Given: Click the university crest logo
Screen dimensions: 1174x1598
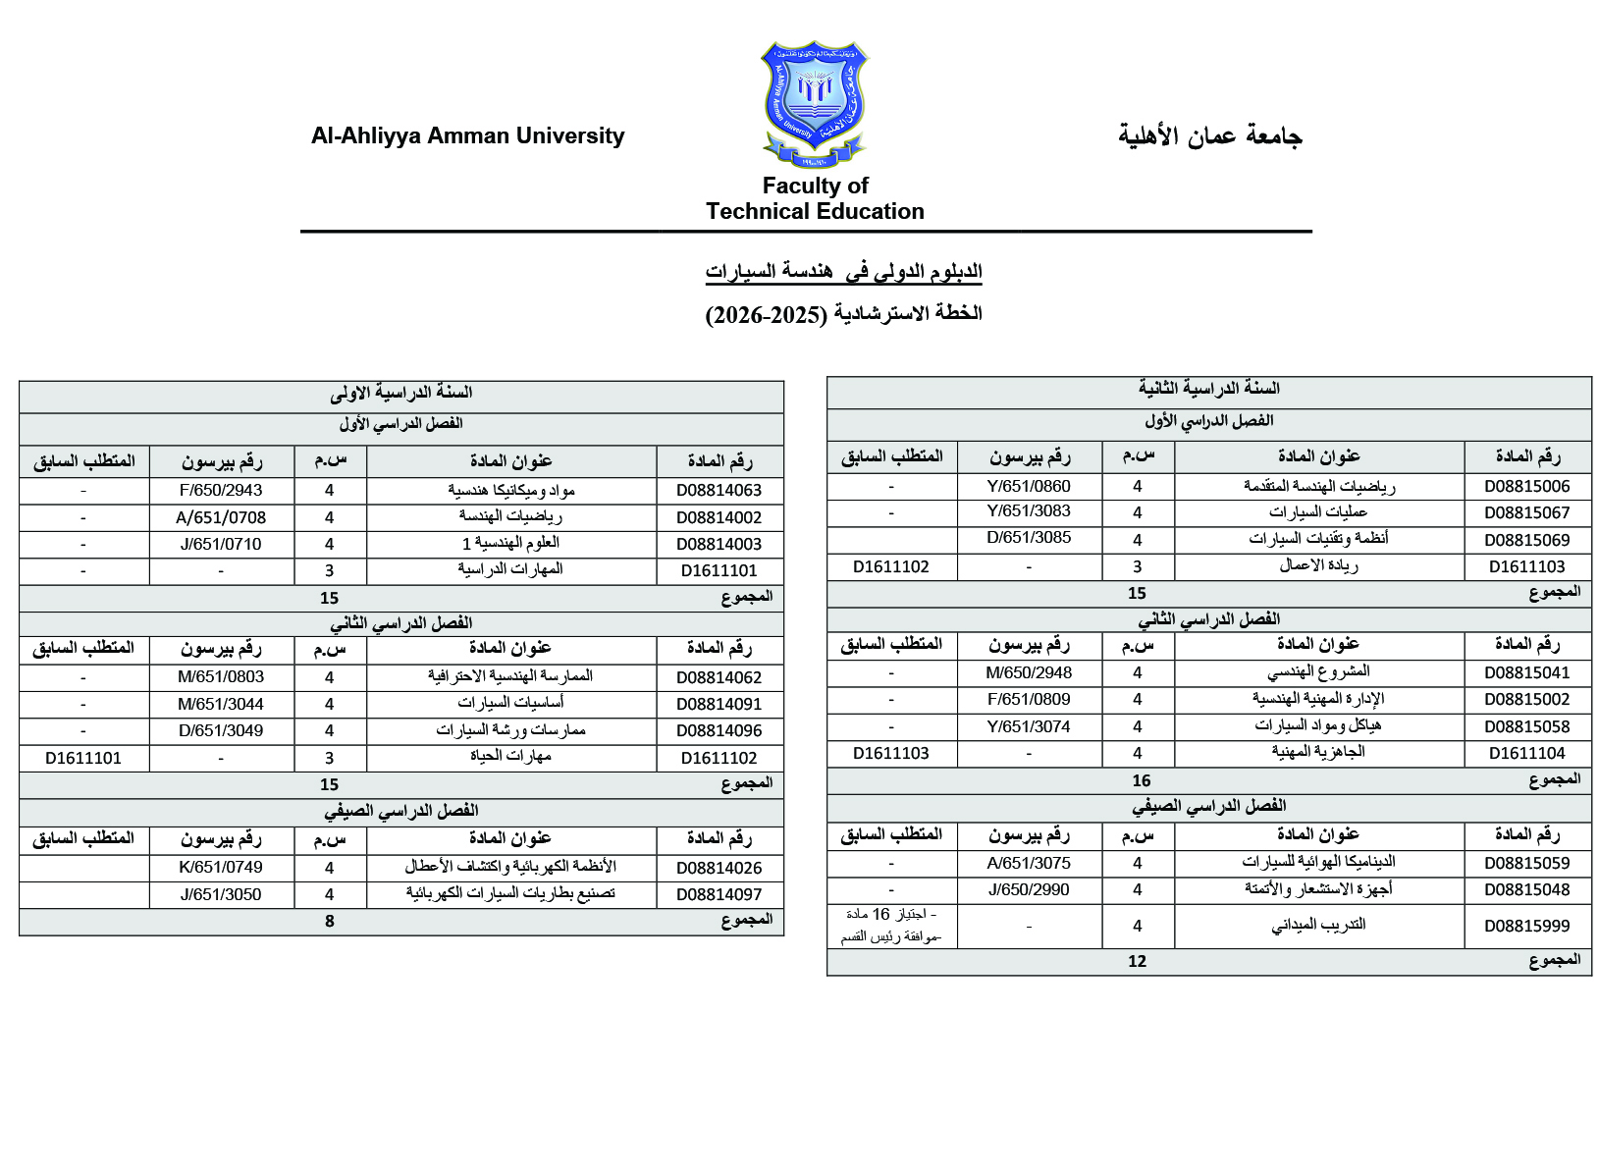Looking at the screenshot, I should pyautogui.click(x=815, y=104).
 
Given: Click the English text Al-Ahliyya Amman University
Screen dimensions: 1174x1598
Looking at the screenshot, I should pyautogui.click(x=467, y=136).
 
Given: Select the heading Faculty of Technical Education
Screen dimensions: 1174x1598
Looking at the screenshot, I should pyautogui.click(x=815, y=198).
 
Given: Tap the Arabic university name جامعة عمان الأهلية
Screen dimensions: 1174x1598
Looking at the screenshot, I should pyautogui.click(x=1209, y=136).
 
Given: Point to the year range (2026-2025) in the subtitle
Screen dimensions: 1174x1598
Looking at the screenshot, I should pyautogui.click(x=767, y=315).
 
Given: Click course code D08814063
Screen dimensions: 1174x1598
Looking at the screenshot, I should pyautogui.click(x=719, y=491).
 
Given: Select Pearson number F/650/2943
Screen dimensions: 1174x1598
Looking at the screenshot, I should pyautogui.click(x=221, y=491).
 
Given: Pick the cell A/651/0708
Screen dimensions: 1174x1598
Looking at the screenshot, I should pyautogui.click(x=221, y=517).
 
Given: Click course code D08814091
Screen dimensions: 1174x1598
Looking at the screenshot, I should pyautogui.click(x=719, y=704).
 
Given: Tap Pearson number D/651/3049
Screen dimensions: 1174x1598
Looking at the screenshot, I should pyautogui.click(x=221, y=730).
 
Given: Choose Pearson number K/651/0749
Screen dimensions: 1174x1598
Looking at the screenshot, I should pyautogui.click(x=221, y=868).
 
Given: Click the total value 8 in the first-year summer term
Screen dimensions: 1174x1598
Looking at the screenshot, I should pyautogui.click(x=330, y=922).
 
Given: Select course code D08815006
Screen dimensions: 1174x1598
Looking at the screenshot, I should pyautogui.click(x=1526, y=487).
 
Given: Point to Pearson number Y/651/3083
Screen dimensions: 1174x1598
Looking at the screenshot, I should pyautogui.click(x=1029, y=511).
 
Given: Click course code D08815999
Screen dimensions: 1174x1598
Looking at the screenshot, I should pyautogui.click(x=1526, y=926).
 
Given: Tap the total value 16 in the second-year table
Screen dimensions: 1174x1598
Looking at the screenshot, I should pyautogui.click(x=1141, y=781).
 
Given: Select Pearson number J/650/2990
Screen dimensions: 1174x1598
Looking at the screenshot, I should pyautogui.click(x=1029, y=890).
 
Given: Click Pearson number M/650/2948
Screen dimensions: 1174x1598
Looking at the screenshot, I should pyautogui.click(x=1029, y=673).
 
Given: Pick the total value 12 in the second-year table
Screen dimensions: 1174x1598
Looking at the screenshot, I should pyautogui.click(x=1137, y=962).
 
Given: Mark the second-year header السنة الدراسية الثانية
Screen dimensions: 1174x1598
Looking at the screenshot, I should pyautogui.click(x=1208, y=390).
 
